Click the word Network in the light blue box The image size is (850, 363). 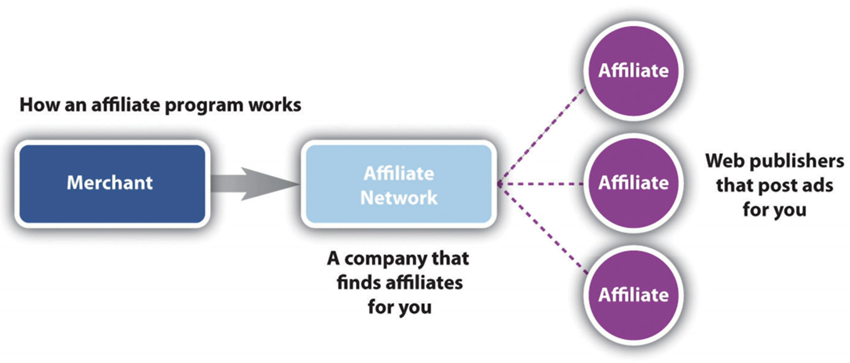(x=399, y=198)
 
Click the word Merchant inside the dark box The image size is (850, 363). (x=109, y=183)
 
